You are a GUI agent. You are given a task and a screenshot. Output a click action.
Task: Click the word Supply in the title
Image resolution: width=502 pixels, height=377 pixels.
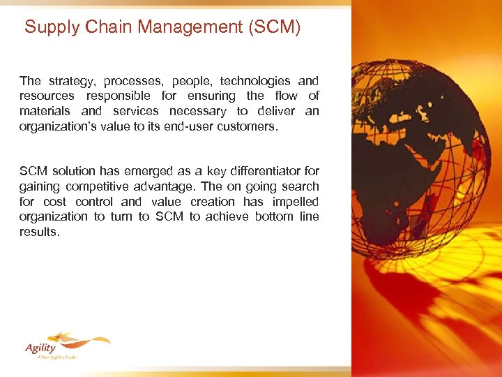pyautogui.click(x=50, y=28)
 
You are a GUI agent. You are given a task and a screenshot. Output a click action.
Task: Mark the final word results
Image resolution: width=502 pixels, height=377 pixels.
pyautogui.click(x=40, y=232)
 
